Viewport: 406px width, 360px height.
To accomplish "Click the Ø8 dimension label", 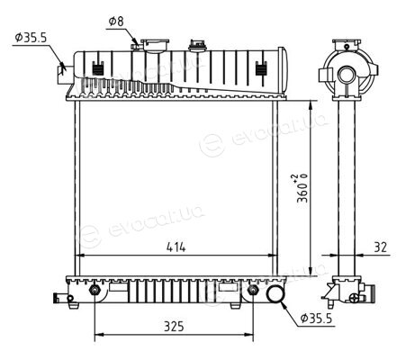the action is [x=116, y=22].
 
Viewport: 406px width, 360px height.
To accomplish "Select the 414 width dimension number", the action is [x=176, y=247].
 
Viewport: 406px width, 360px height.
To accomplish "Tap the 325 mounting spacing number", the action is [x=174, y=326].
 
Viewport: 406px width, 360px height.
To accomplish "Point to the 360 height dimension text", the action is [x=302, y=188].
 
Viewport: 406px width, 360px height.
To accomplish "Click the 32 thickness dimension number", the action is [x=380, y=247].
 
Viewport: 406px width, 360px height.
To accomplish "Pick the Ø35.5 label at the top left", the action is [x=31, y=38].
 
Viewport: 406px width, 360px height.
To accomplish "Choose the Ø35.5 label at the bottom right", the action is [x=317, y=319].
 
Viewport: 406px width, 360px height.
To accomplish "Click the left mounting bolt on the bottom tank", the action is [x=95, y=290].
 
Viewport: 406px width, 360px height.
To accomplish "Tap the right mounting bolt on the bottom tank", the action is [x=253, y=290].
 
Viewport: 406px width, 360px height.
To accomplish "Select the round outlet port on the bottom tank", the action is [x=275, y=294].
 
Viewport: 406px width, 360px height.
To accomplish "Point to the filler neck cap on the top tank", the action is [x=155, y=45].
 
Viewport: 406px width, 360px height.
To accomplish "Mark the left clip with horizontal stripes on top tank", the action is [x=97, y=69].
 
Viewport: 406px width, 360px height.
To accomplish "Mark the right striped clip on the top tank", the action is [x=261, y=69].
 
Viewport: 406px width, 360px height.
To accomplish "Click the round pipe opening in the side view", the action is [x=347, y=75].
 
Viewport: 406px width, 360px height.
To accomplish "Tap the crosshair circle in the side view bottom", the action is [x=355, y=298].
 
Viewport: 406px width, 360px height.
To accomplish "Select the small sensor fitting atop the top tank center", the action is [x=197, y=45].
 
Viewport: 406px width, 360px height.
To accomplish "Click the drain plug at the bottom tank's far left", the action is [x=62, y=298].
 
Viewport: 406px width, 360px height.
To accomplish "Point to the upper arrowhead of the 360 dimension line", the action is [x=311, y=104].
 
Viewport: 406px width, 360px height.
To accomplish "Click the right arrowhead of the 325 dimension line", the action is [x=249, y=334].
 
